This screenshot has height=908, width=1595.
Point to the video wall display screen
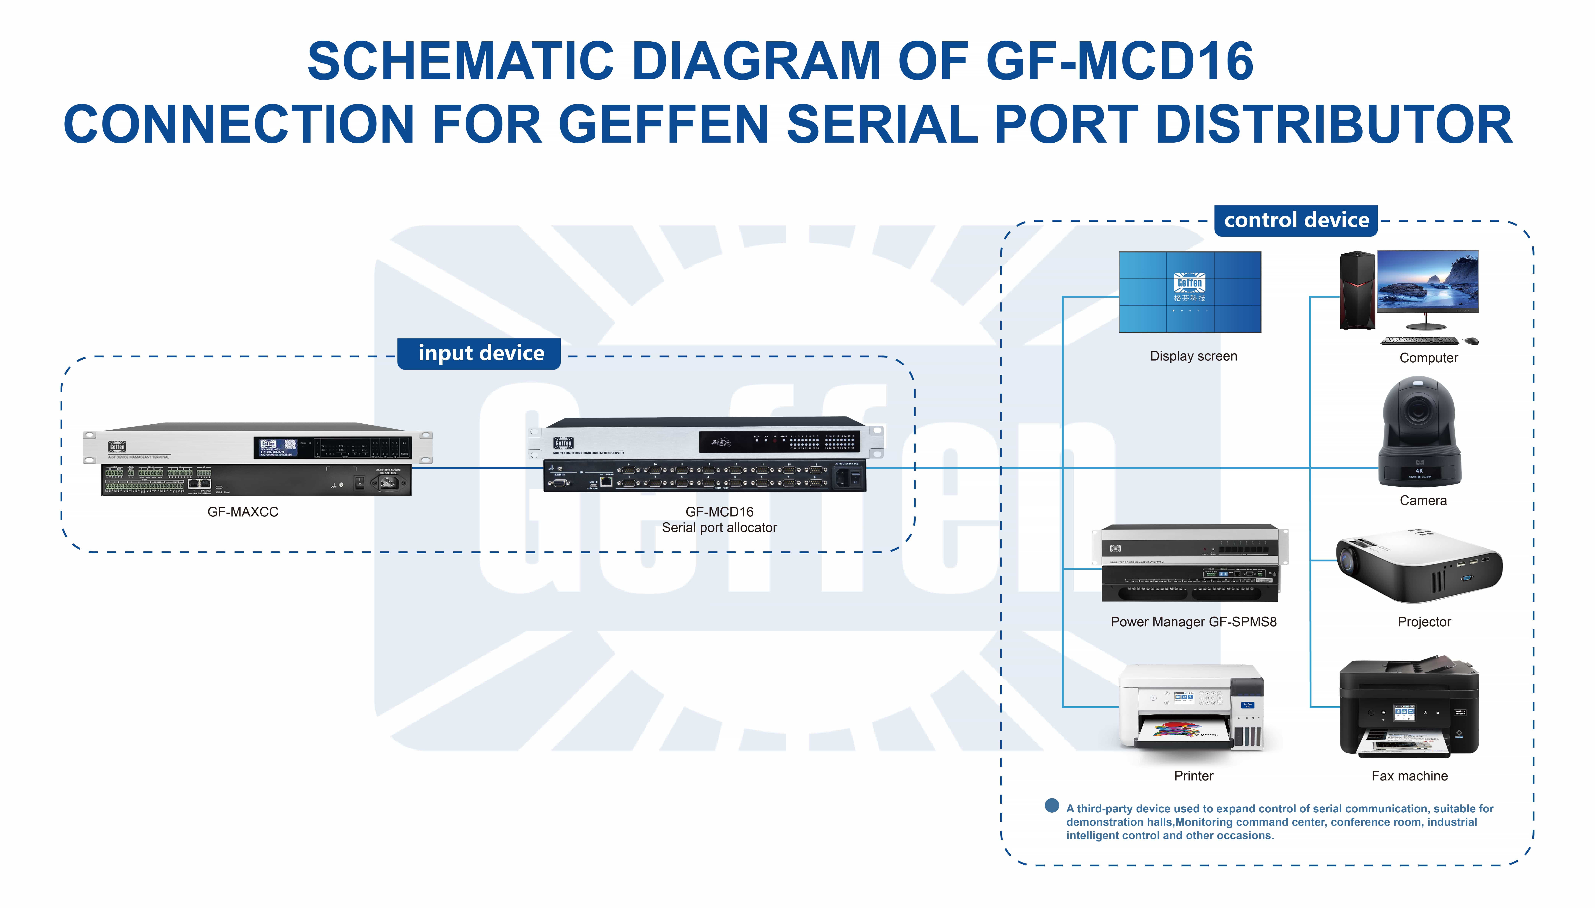click(1189, 292)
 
